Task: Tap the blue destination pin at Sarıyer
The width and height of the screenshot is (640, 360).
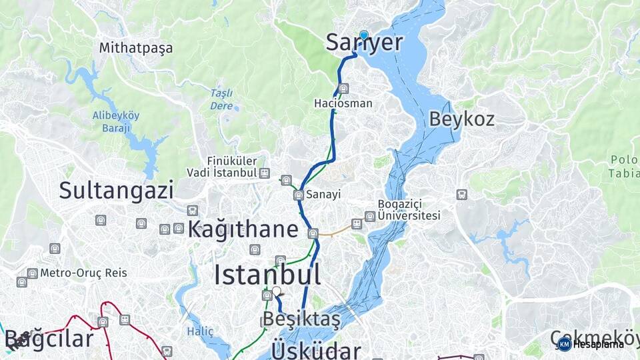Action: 363,35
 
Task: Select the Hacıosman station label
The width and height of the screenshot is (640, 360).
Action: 343,104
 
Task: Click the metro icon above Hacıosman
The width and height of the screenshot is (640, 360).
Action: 343,89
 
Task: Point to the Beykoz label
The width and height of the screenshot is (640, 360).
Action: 461,119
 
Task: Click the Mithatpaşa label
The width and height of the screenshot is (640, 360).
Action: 135,48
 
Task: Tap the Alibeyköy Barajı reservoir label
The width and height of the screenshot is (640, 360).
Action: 116,121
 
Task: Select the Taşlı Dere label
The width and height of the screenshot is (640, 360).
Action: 221,99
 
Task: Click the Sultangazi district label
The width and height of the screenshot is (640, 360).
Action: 116,190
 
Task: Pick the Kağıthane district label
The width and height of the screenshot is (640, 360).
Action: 243,229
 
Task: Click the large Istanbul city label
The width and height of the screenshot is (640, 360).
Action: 267,275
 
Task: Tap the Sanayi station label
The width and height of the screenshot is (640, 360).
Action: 324,195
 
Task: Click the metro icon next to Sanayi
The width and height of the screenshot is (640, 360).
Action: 299,195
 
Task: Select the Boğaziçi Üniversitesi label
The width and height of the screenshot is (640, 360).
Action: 409,210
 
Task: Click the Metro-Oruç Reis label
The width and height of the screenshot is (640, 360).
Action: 83,273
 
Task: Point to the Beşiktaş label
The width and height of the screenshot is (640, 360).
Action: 301,319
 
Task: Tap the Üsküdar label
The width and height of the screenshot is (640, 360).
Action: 316,350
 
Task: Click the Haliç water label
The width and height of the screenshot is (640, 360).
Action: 200,331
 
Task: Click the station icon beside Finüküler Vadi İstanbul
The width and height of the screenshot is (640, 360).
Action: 265,173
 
